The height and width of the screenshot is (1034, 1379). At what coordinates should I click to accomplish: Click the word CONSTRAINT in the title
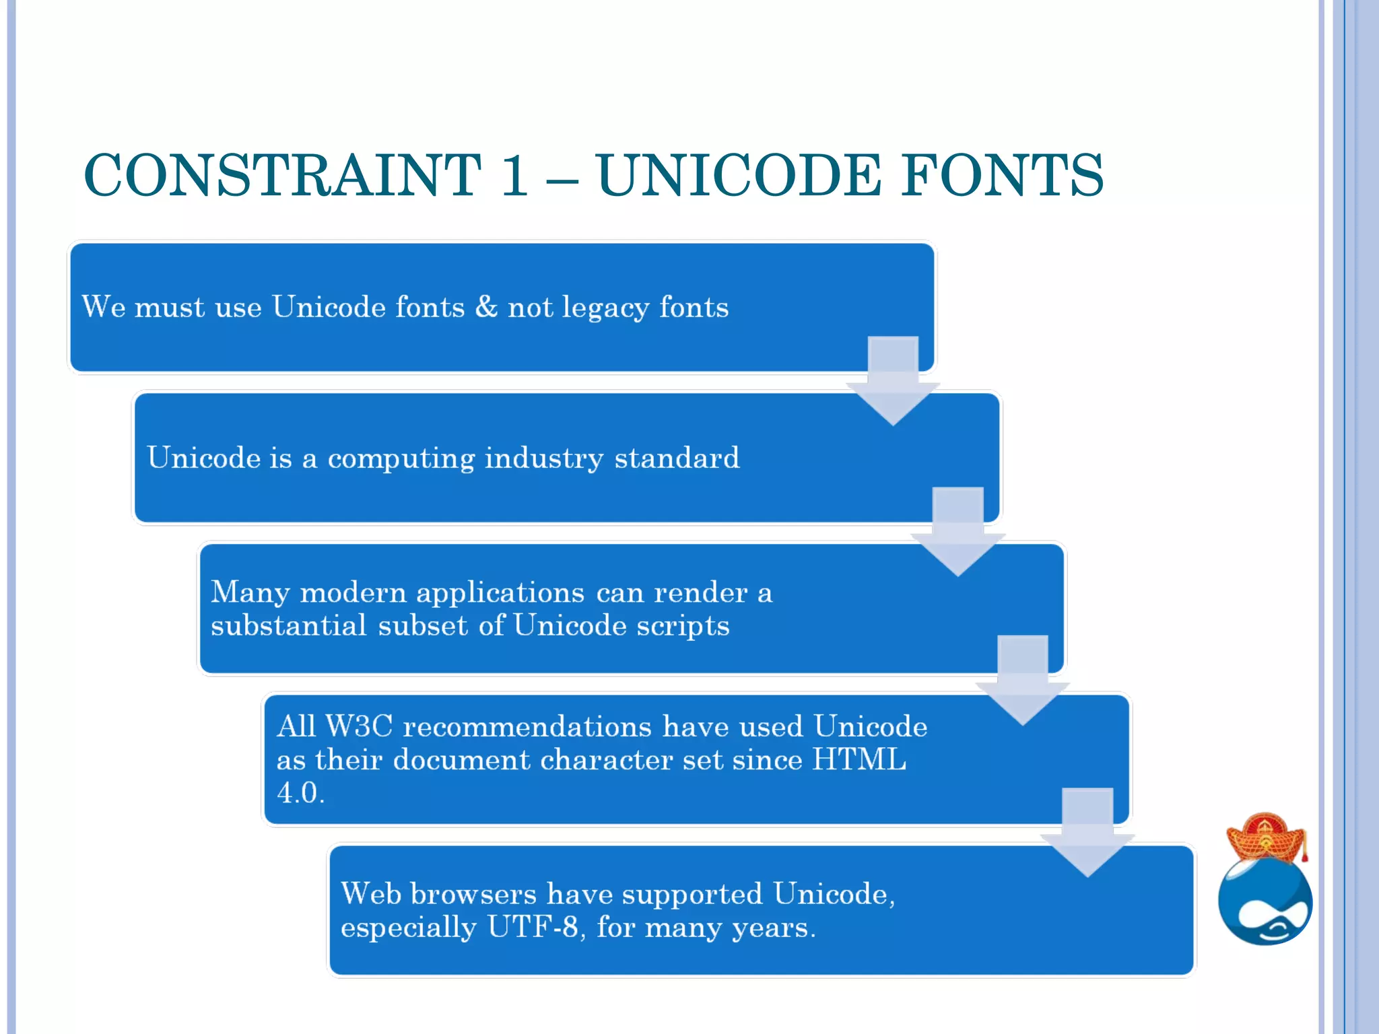click(x=283, y=175)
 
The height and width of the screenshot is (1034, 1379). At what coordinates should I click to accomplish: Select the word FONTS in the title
click(x=1003, y=175)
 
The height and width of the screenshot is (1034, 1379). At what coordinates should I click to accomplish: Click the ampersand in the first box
click(x=486, y=307)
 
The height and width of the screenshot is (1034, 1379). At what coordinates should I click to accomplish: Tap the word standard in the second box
click(x=677, y=458)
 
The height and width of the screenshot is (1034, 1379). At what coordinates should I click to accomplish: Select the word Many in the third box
click(x=250, y=593)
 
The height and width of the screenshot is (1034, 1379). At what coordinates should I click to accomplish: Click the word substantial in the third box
click(x=288, y=625)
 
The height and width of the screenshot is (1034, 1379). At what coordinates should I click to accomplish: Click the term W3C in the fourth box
click(x=359, y=726)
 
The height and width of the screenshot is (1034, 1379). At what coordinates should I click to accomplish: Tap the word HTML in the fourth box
click(x=859, y=760)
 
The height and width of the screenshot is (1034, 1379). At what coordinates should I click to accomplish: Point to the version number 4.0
click(x=300, y=793)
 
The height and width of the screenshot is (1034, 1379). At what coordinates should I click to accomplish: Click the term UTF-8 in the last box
click(x=533, y=927)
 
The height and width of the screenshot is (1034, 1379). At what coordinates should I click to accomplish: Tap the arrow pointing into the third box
click(x=957, y=532)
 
